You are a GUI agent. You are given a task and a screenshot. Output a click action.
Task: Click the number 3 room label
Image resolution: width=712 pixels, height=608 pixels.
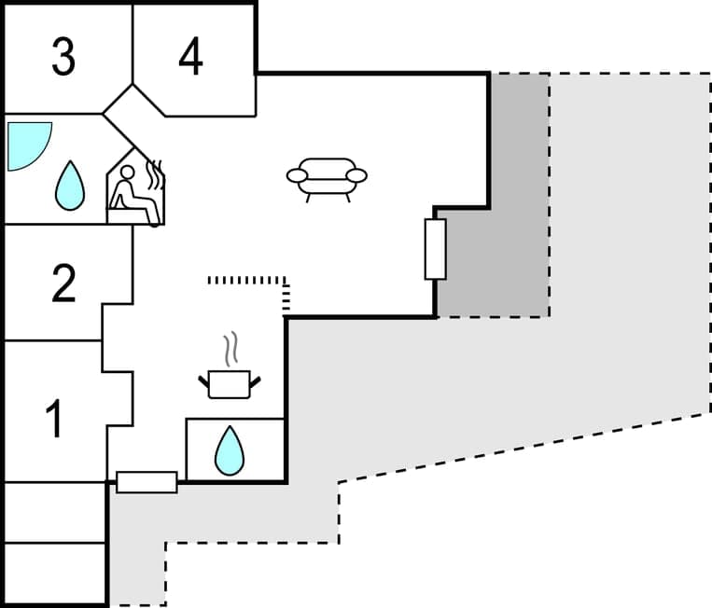[x=63, y=57]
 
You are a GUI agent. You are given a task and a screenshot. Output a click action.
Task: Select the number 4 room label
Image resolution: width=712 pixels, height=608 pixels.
[x=190, y=57]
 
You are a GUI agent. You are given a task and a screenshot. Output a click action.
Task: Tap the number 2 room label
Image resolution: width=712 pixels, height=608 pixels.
[x=63, y=283]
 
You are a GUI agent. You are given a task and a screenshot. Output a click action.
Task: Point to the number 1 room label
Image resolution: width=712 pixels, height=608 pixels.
[x=55, y=419]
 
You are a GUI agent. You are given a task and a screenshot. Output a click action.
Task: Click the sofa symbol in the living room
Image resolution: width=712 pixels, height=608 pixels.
[x=327, y=177]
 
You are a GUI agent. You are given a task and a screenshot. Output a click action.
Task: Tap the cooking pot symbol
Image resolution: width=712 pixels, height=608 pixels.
[x=229, y=382]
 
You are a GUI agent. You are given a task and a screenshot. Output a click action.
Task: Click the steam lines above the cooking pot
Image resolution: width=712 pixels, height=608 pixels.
[x=230, y=350]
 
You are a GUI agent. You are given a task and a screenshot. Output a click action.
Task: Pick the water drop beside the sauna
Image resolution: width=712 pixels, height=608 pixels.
[x=69, y=185]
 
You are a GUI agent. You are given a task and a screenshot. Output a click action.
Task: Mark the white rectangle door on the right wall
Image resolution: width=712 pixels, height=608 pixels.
[x=435, y=249]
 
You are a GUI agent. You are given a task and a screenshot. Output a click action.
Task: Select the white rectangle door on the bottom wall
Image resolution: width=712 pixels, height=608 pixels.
[x=147, y=482]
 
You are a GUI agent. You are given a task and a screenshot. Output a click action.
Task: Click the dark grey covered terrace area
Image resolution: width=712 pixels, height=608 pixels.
[x=504, y=242]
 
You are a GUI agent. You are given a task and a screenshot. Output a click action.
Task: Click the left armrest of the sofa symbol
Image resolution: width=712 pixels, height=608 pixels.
[x=298, y=175]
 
